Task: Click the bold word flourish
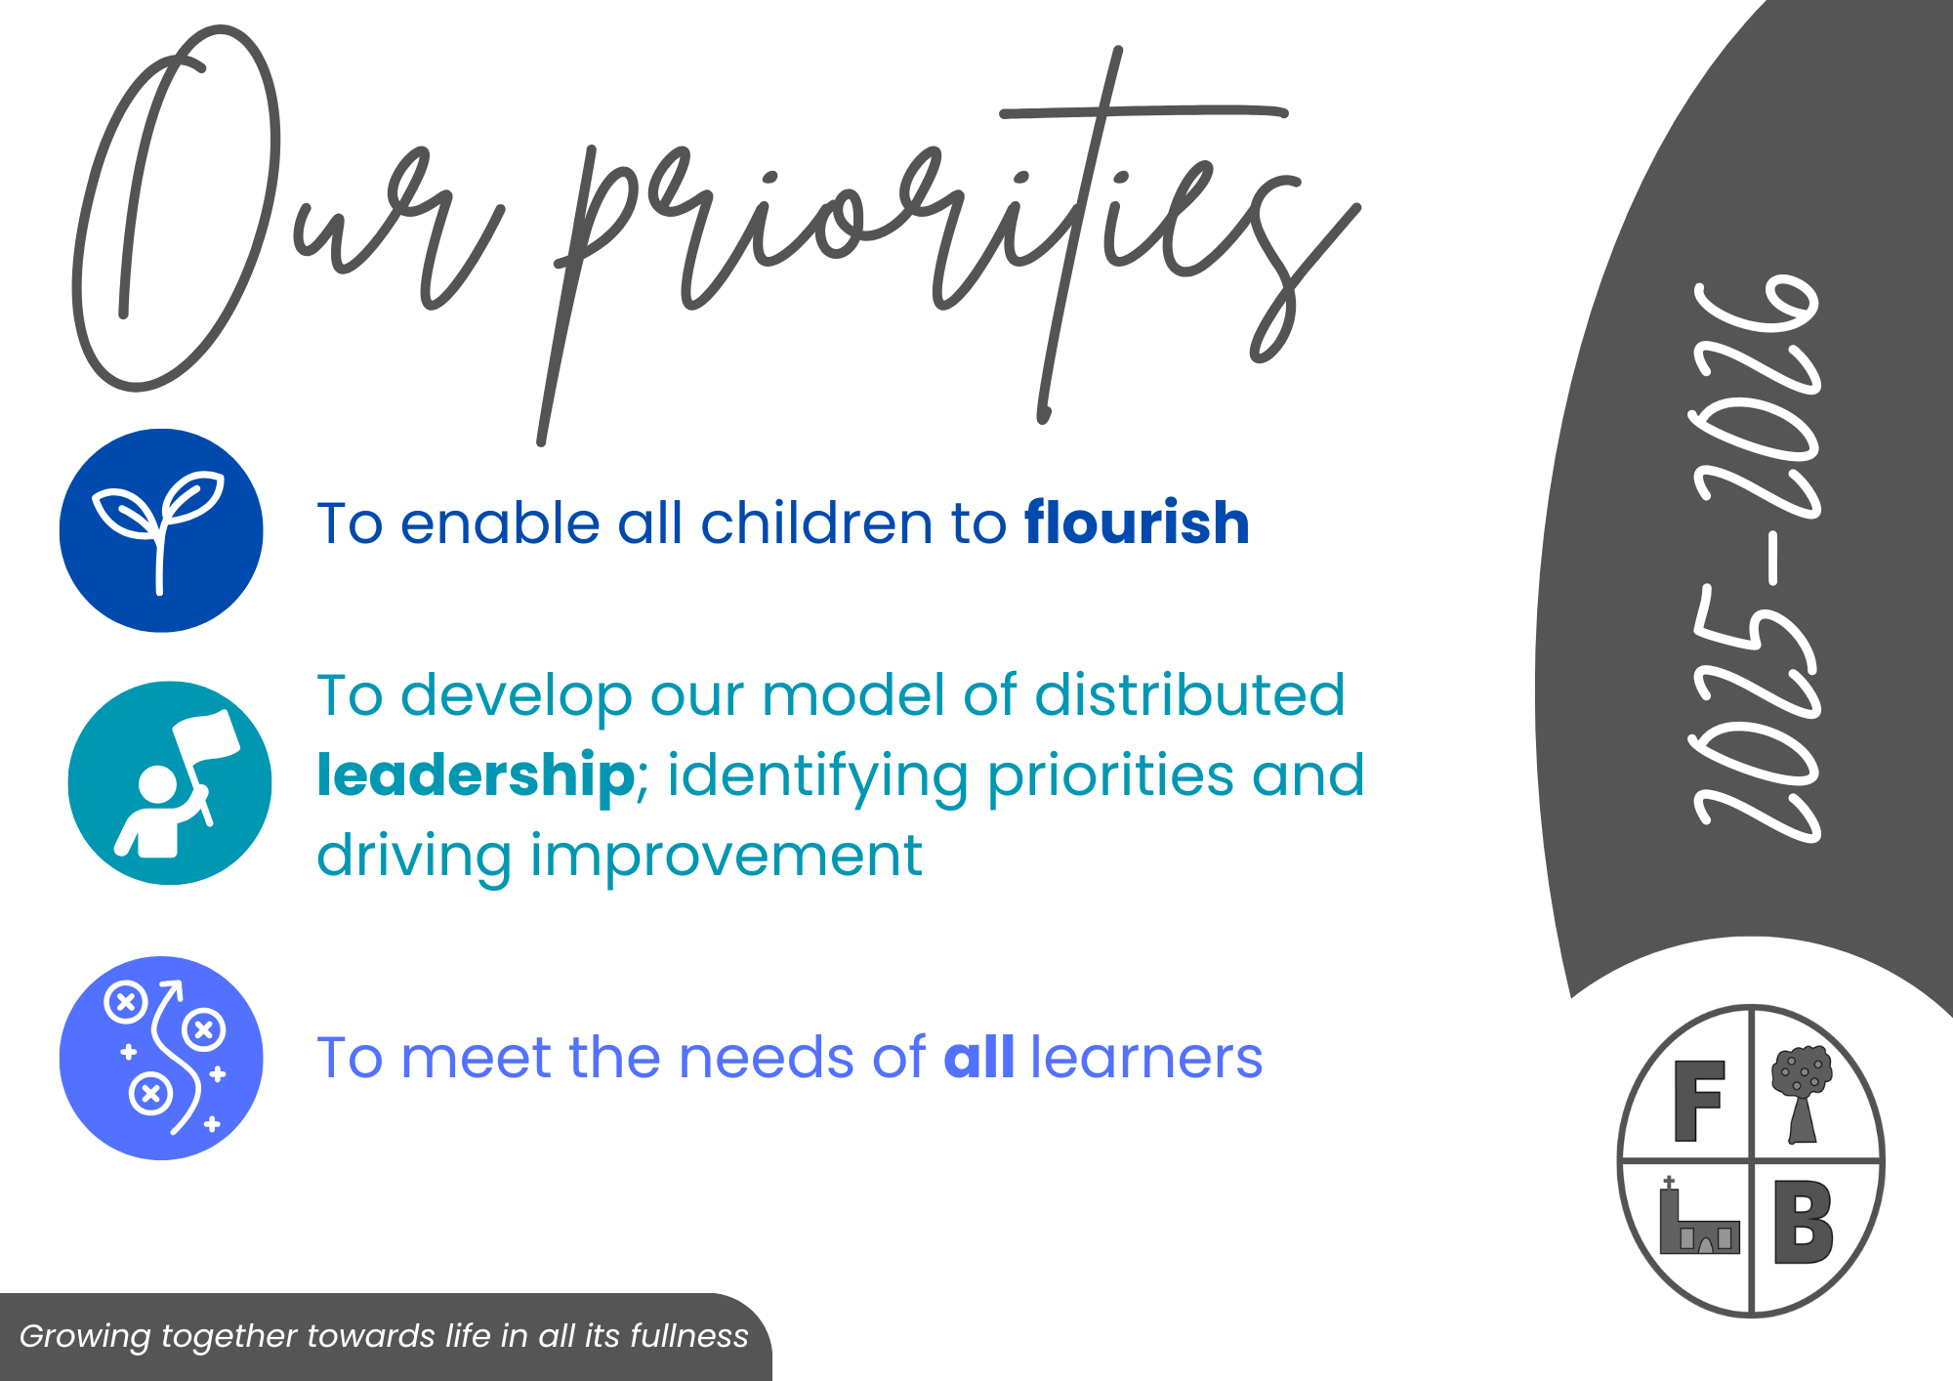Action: coord(1137,523)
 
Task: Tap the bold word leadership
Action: coord(477,775)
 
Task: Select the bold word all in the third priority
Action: coord(979,1057)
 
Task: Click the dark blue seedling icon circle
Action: coord(161,530)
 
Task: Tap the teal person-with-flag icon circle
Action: coord(170,783)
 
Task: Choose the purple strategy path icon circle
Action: coord(161,1058)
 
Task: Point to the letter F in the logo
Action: coord(1699,1101)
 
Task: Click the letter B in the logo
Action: coord(1803,1222)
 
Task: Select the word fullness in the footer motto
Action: coord(689,1336)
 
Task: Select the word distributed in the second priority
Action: coord(1189,695)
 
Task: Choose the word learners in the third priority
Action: coord(1146,1057)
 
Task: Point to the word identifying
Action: coord(817,777)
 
